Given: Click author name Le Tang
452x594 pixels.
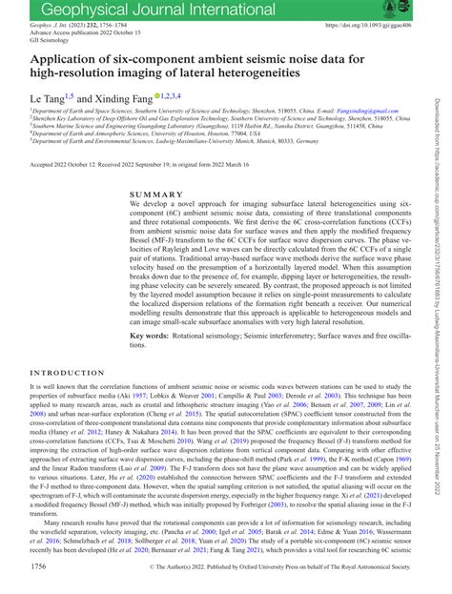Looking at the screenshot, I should click(x=46, y=98).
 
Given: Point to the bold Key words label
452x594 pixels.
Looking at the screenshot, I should click(x=154, y=336).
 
